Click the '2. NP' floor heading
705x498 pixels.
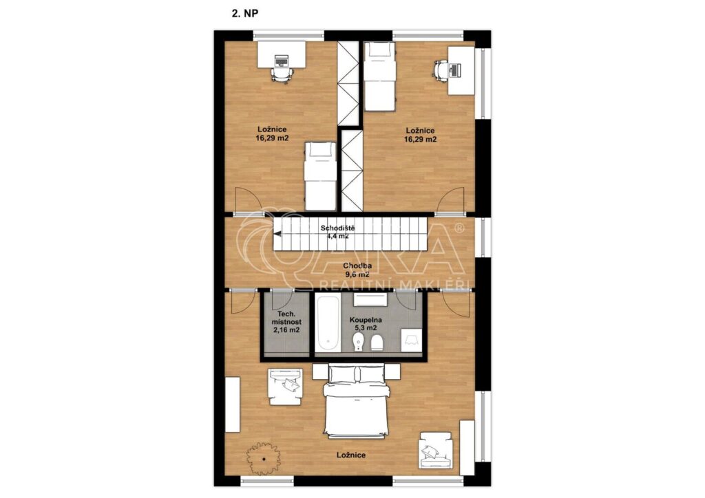pyautogui.click(x=244, y=14)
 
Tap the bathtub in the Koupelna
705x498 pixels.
pyautogui.click(x=327, y=323)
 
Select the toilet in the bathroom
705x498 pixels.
pyautogui.click(x=359, y=342)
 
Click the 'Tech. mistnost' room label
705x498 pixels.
pyautogui.click(x=286, y=318)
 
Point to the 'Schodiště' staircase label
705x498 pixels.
pyautogui.click(x=337, y=228)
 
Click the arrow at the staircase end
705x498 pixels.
pyautogui.click(x=277, y=234)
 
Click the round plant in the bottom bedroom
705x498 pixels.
pyautogui.click(x=262, y=459)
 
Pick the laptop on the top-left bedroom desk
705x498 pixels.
pyautogui.click(x=281, y=60)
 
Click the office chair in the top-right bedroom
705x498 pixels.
pyautogui.click(x=440, y=69)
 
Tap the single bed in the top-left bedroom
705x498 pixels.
pyautogui.click(x=319, y=176)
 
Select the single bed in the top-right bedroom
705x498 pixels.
pyautogui.click(x=379, y=76)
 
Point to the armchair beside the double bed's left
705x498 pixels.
pyautogui.click(x=285, y=387)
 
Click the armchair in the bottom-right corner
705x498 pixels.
pyautogui.click(x=435, y=451)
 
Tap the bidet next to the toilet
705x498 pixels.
pyautogui.click(x=377, y=342)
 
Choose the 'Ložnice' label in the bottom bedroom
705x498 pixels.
pyautogui.click(x=351, y=455)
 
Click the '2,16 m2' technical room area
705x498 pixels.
pyautogui.click(x=286, y=330)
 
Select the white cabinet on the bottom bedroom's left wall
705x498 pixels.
pyautogui.click(x=233, y=404)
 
